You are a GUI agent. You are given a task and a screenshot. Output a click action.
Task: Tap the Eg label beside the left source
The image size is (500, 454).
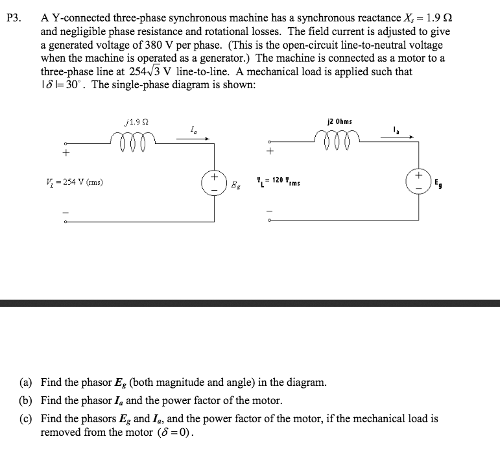[235, 185]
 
